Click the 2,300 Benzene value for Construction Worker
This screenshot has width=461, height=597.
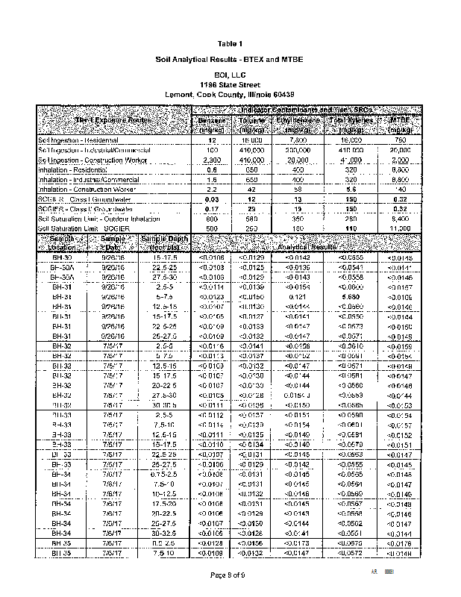pos(212,160)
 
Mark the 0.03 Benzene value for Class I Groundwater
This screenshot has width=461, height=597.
pos(212,200)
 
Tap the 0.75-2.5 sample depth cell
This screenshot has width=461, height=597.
pos(163,473)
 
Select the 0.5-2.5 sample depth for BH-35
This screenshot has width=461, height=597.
pos(163,543)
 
